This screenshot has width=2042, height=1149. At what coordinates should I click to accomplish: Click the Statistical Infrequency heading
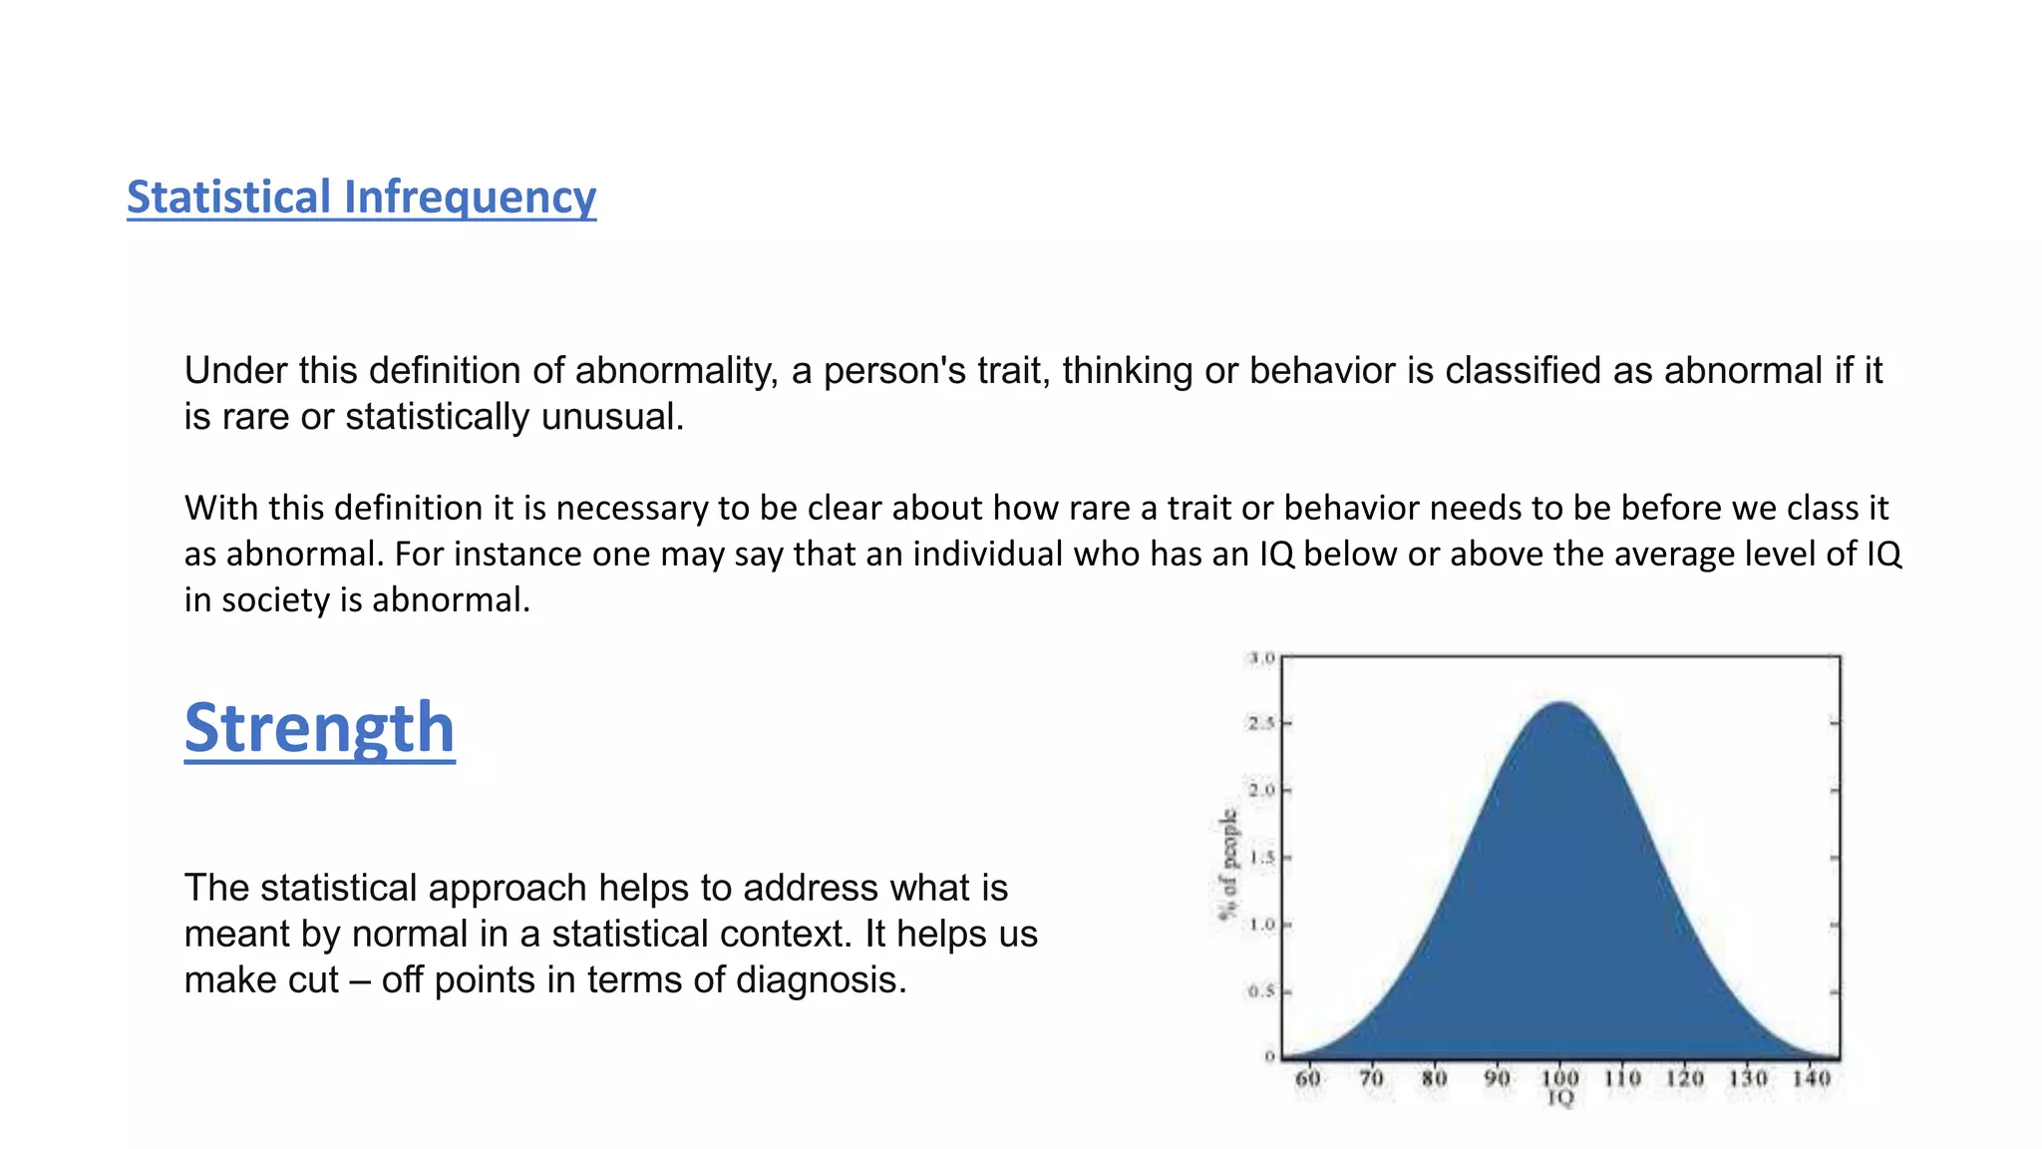pyautogui.click(x=361, y=197)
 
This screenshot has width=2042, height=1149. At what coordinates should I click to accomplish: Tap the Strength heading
pyautogui.click(x=319, y=728)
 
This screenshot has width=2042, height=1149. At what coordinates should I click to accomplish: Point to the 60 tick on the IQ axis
pyautogui.click(x=1308, y=1078)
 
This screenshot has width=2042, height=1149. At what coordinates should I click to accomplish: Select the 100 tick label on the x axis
pyautogui.click(x=1559, y=1078)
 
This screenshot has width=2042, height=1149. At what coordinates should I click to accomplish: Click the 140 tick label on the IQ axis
pyautogui.click(x=1811, y=1078)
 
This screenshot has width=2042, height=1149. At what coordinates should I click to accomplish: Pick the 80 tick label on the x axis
pyautogui.click(x=1434, y=1078)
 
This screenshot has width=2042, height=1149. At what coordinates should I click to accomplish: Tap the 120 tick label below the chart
pyautogui.click(x=1685, y=1078)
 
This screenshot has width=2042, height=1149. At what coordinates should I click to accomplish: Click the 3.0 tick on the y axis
pyautogui.click(x=1261, y=658)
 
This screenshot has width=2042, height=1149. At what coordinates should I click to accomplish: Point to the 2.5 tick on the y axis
pyautogui.click(x=1261, y=723)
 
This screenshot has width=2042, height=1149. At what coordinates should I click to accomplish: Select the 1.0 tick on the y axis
pyautogui.click(x=1261, y=925)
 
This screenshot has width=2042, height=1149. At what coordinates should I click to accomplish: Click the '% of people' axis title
pyautogui.click(x=1228, y=864)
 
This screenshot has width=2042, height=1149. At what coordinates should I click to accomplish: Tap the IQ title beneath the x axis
pyautogui.click(x=1559, y=1098)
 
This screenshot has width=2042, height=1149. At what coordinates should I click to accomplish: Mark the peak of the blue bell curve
pyautogui.click(x=1560, y=704)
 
